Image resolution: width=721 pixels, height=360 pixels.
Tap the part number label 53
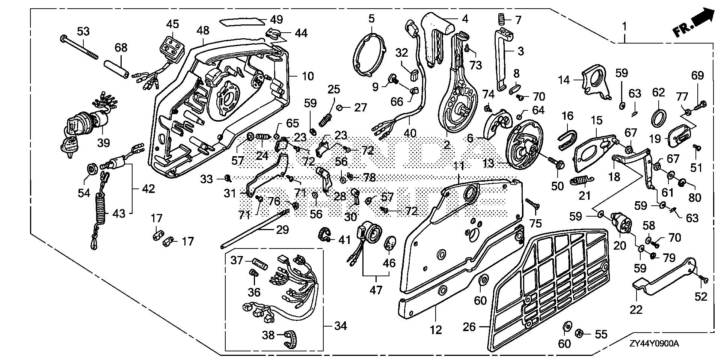[x=83, y=31]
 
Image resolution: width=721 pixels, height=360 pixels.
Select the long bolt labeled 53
[x=78, y=47]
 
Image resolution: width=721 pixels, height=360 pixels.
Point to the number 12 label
[x=436, y=330]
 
